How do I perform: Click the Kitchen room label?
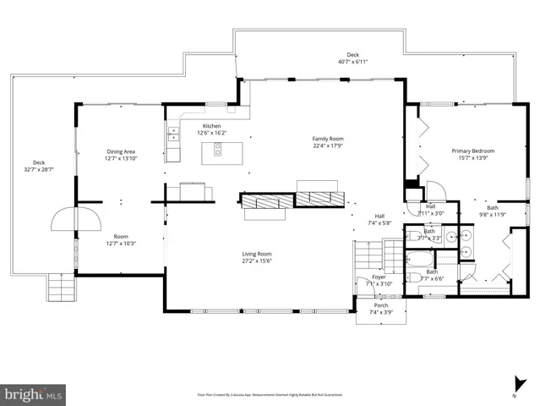pos(212,126)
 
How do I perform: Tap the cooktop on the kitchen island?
pos(217,151)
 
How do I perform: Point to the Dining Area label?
pos(121,151)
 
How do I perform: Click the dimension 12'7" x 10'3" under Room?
pos(120,244)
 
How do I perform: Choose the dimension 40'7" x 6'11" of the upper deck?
pos(352,62)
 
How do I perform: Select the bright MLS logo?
pos(34,394)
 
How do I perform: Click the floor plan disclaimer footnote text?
pos(270,393)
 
